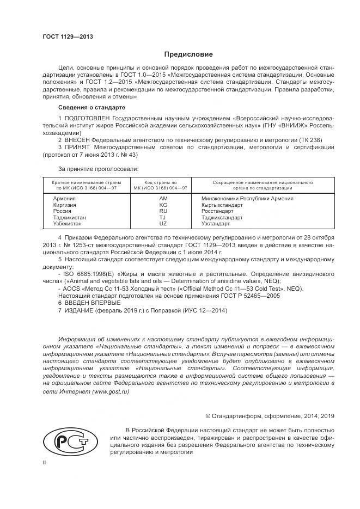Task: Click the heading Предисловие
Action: [188, 54]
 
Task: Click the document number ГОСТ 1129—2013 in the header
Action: [68, 36]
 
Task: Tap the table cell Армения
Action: [64, 199]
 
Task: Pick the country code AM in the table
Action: [163, 199]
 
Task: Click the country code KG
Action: [163, 205]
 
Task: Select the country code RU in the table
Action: [163, 211]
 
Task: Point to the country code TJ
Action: [163, 217]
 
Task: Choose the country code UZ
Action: [163, 223]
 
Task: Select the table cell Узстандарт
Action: [216, 223]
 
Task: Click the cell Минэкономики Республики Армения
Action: [247, 199]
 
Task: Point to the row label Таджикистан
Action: [69, 217]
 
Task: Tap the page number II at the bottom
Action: [45, 462]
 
